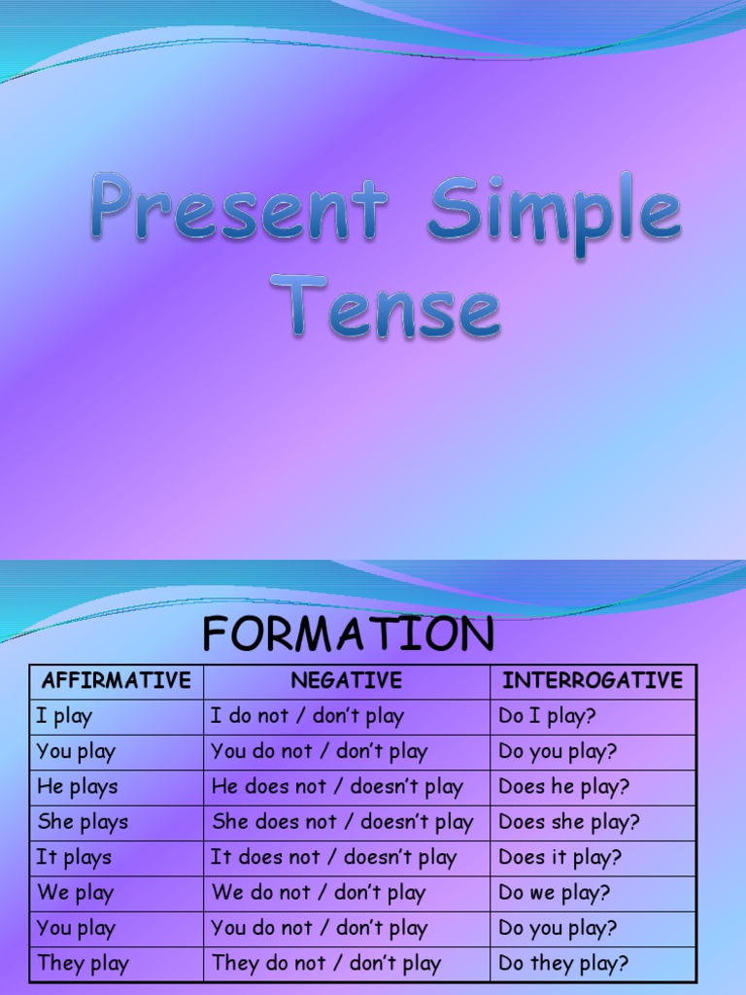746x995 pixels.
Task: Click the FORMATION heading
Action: click(x=348, y=635)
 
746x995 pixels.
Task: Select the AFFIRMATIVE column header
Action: click(x=117, y=681)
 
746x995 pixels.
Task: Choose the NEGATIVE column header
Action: click(x=346, y=681)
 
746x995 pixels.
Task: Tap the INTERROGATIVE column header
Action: click(x=593, y=681)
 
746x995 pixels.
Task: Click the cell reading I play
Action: click(x=64, y=717)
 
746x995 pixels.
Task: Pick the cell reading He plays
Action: click(x=77, y=787)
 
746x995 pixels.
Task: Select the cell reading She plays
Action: click(x=83, y=822)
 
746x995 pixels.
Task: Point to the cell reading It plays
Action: click(x=74, y=858)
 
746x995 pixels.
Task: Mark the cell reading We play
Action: click(x=75, y=893)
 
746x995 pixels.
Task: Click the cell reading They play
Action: click(x=83, y=964)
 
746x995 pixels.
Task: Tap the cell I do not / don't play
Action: click(x=307, y=717)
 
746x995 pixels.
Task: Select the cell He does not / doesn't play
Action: click(x=337, y=787)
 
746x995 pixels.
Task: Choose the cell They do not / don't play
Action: click(x=326, y=964)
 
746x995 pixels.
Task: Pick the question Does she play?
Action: click(x=569, y=822)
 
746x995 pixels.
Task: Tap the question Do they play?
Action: click(x=563, y=964)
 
